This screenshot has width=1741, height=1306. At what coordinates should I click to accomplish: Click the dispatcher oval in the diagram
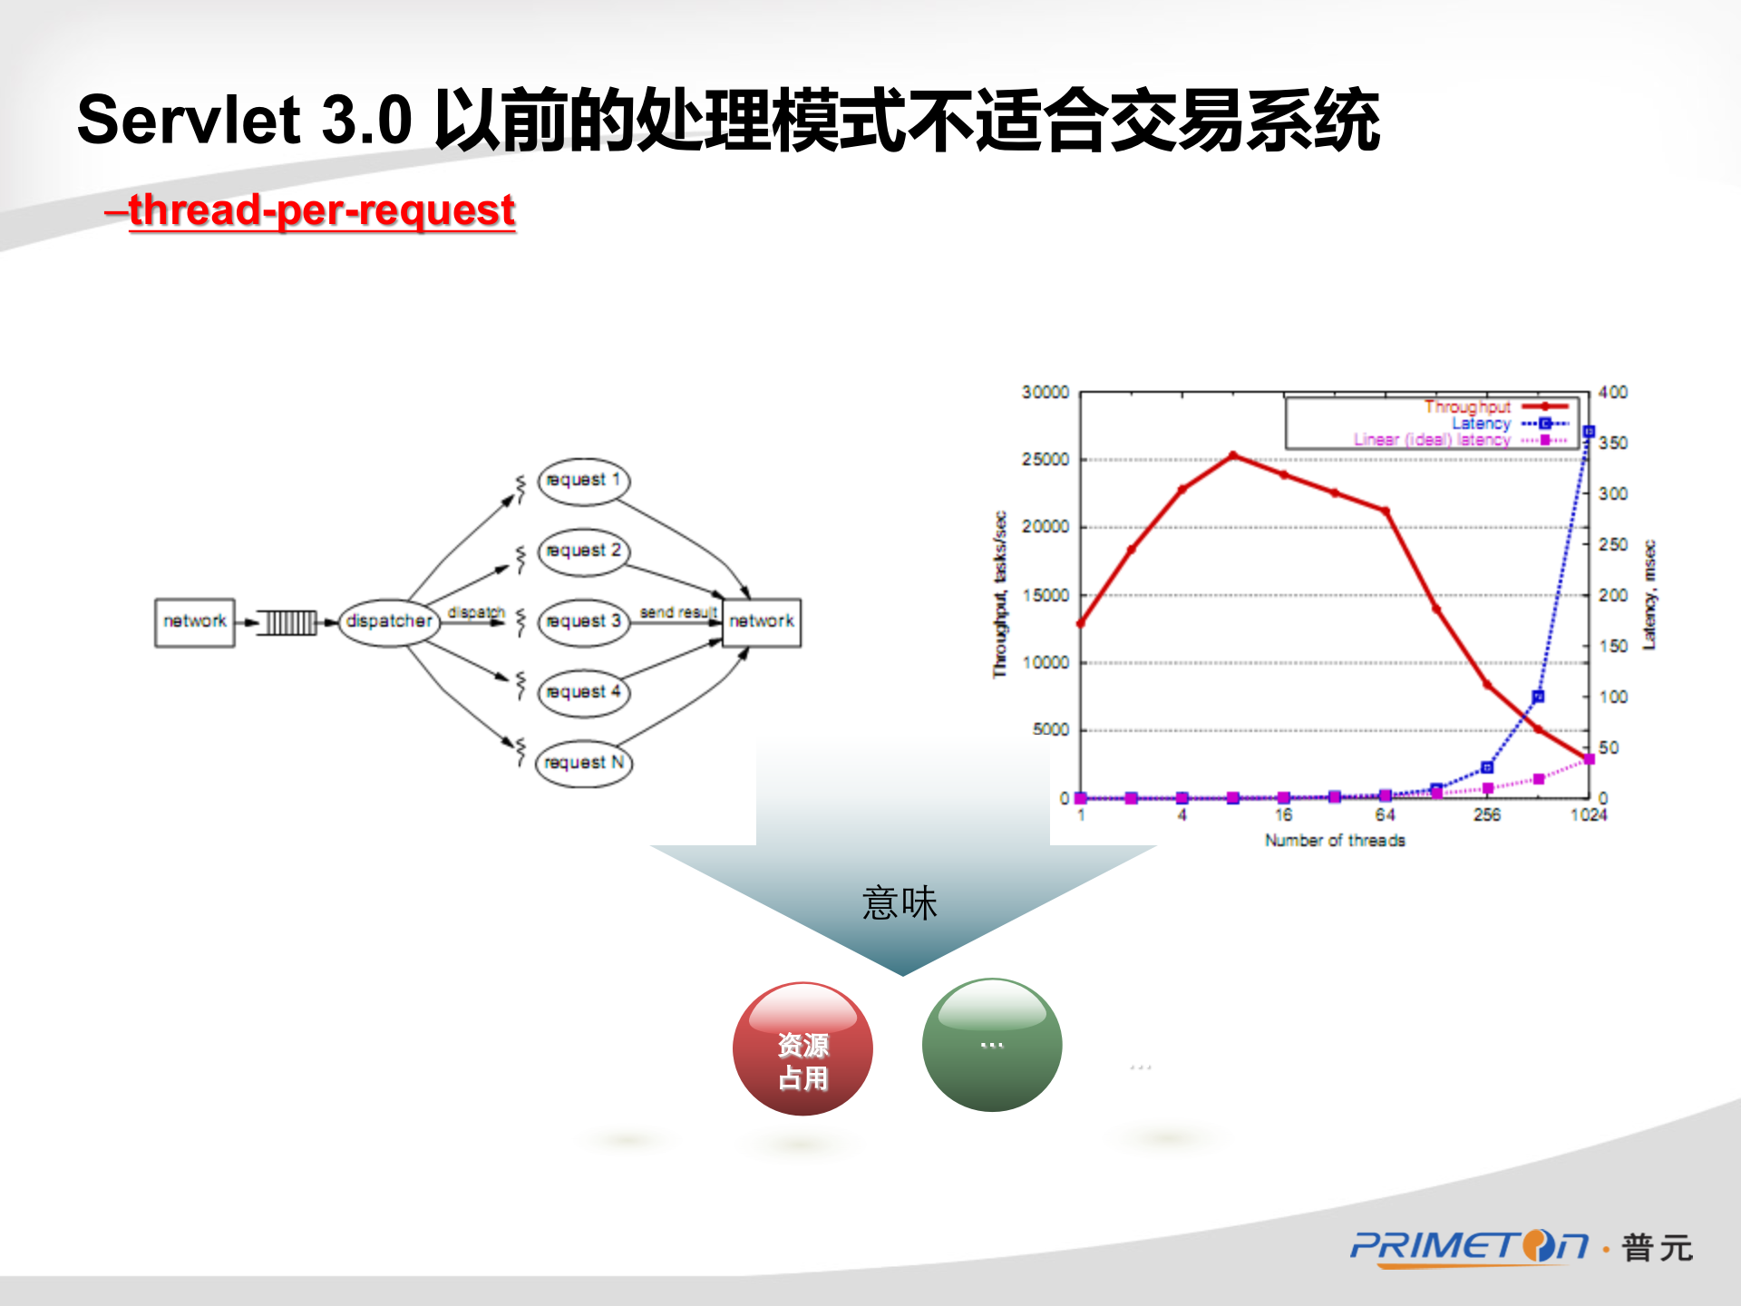(x=389, y=621)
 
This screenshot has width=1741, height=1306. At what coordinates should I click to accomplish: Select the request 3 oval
(x=583, y=621)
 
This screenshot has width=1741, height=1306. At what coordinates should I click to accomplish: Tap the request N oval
(x=583, y=763)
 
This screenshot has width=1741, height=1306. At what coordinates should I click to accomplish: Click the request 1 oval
(x=583, y=480)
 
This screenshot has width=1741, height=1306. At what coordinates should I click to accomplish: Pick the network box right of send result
(x=761, y=621)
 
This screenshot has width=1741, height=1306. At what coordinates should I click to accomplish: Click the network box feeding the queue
(x=194, y=621)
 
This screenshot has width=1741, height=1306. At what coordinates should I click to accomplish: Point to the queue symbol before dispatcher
(x=288, y=622)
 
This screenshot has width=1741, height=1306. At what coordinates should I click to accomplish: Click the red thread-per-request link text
(x=321, y=210)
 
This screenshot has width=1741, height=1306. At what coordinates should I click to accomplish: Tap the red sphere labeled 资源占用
(x=802, y=1049)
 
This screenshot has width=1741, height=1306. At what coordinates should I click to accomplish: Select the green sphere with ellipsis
(x=991, y=1046)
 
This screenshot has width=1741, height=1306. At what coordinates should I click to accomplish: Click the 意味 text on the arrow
(x=900, y=903)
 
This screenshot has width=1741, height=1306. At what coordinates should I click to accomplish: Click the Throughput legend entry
(x=1467, y=406)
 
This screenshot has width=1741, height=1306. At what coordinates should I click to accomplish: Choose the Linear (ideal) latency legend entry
(x=1433, y=440)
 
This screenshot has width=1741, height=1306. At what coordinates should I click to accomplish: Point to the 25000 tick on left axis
(x=1046, y=460)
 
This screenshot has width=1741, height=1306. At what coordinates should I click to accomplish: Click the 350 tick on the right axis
(x=1613, y=443)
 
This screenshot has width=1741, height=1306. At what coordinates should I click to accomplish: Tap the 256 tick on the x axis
(x=1486, y=814)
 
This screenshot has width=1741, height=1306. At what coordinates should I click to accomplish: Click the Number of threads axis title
(x=1335, y=841)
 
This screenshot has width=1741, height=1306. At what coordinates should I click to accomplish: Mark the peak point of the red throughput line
(x=1233, y=455)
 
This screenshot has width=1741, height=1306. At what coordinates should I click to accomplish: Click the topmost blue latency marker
(x=1589, y=432)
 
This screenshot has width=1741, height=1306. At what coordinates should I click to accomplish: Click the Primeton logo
(x=1469, y=1247)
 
